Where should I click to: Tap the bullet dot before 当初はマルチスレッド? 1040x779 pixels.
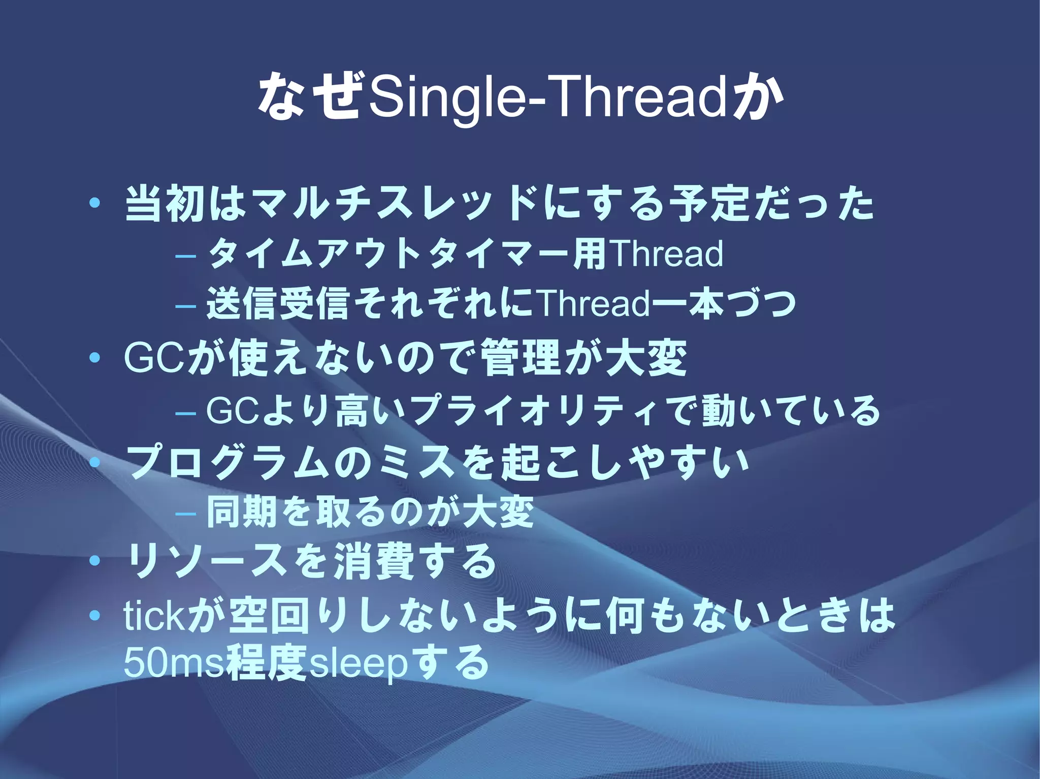click(94, 204)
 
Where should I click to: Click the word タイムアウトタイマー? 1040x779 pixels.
click(388, 254)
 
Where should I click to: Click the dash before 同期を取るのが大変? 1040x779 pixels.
click(185, 513)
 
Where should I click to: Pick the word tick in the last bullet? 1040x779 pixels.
click(152, 615)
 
